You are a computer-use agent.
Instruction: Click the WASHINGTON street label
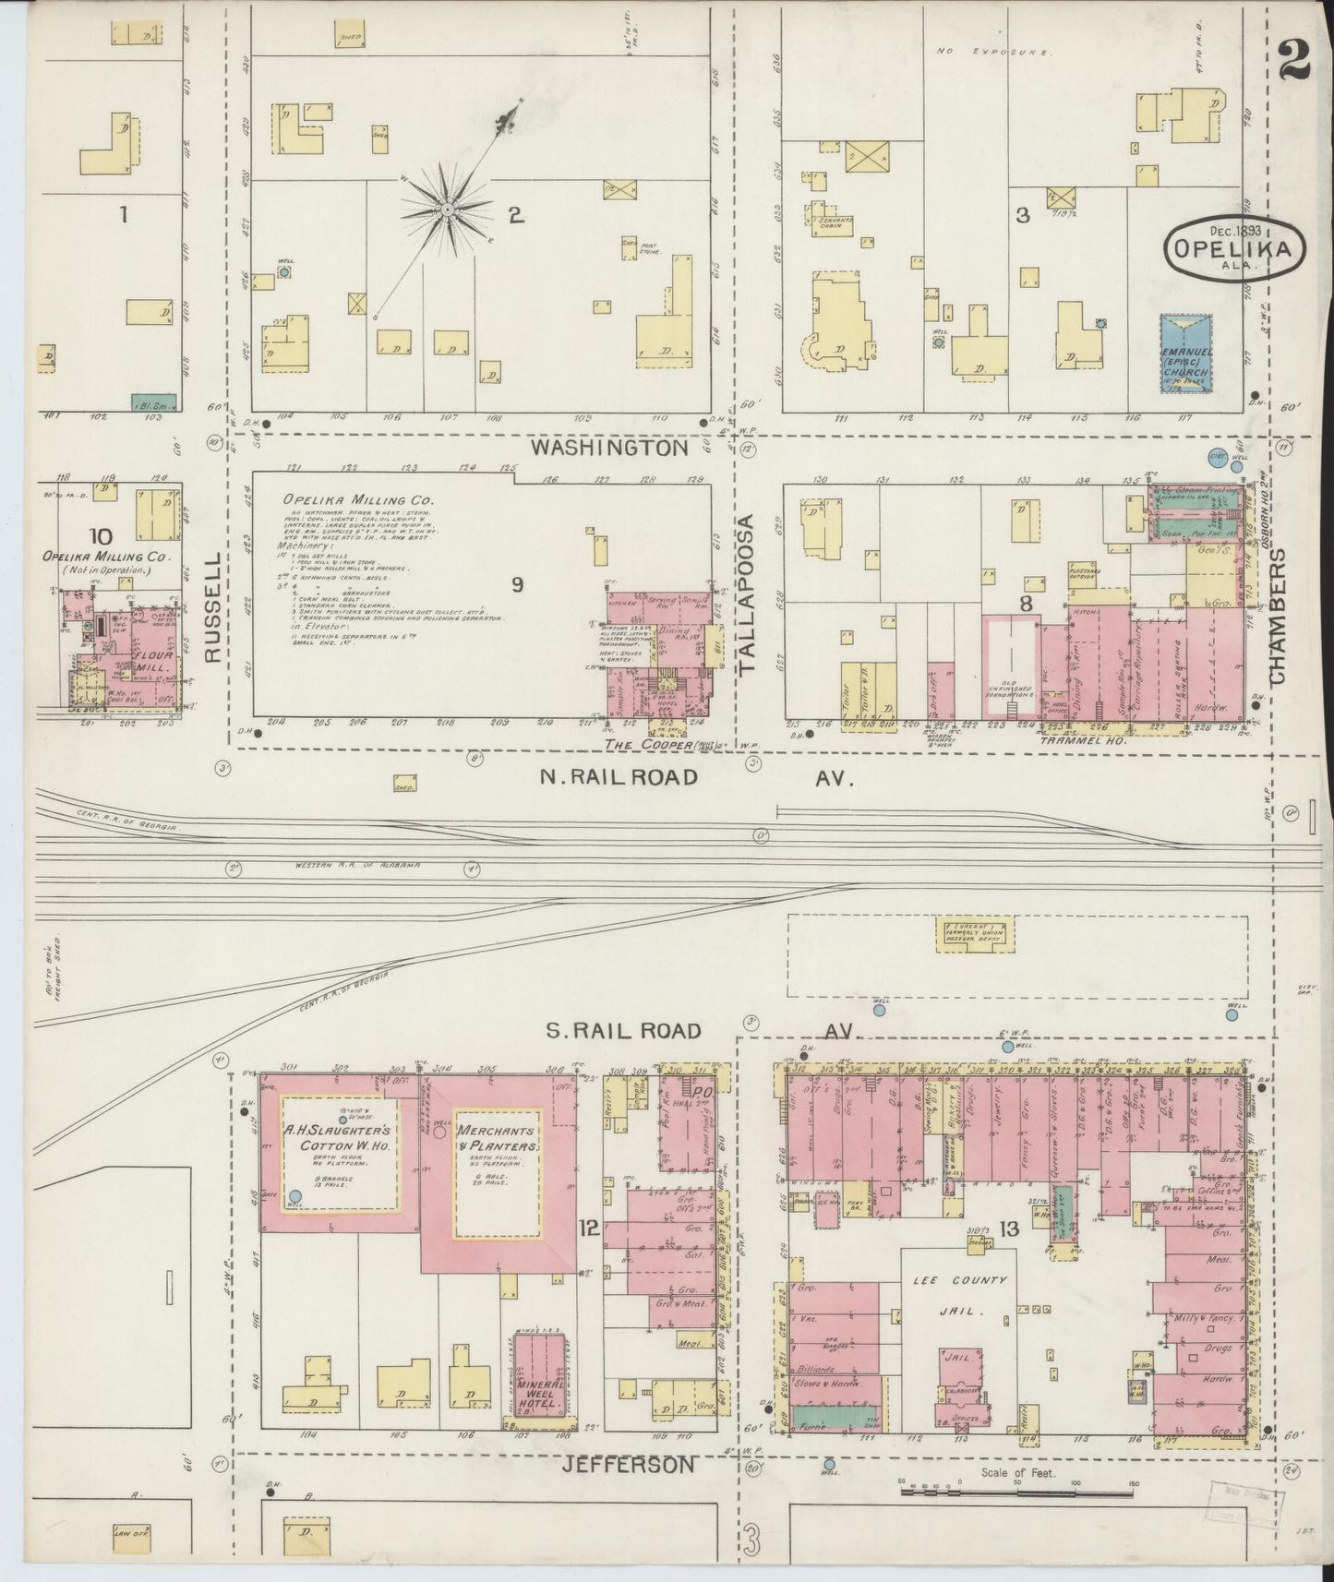coord(609,448)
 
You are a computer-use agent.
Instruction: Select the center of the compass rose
coord(447,211)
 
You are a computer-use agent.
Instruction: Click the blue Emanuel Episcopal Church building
coord(1185,354)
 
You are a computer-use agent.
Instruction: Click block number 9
coord(517,610)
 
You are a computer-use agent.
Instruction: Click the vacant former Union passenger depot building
coord(975,933)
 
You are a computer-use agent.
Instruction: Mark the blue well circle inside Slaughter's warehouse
coord(294,1196)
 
